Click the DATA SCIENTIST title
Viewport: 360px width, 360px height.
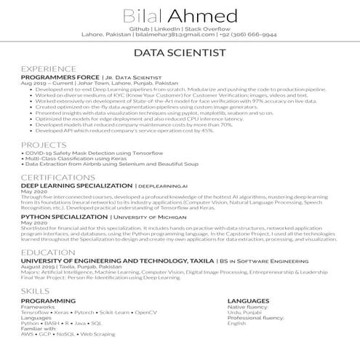tap(180, 53)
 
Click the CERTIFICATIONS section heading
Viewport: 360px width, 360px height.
tap(57, 177)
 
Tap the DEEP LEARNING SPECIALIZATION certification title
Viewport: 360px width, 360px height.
tap(76, 185)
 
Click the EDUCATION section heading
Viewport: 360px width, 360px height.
tap(48, 252)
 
